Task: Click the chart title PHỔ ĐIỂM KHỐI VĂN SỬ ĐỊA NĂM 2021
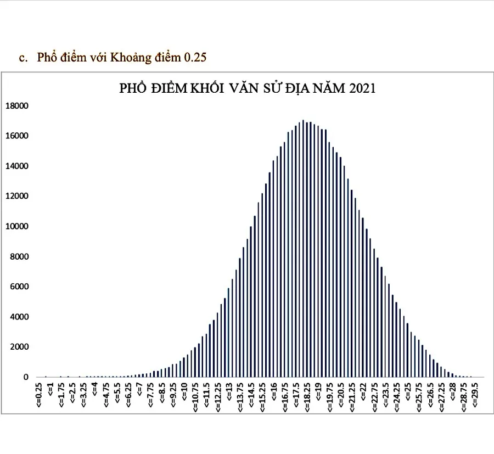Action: (x=247, y=88)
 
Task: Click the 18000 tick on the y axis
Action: (x=17, y=106)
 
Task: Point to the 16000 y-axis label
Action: (x=17, y=136)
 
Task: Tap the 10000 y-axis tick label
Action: (x=17, y=227)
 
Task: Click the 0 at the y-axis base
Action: (x=25, y=377)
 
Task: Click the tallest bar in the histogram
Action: (x=303, y=247)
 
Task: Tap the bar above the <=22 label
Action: (x=363, y=296)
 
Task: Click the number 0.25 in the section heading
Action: (x=195, y=57)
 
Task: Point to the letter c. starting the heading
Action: (x=23, y=58)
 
